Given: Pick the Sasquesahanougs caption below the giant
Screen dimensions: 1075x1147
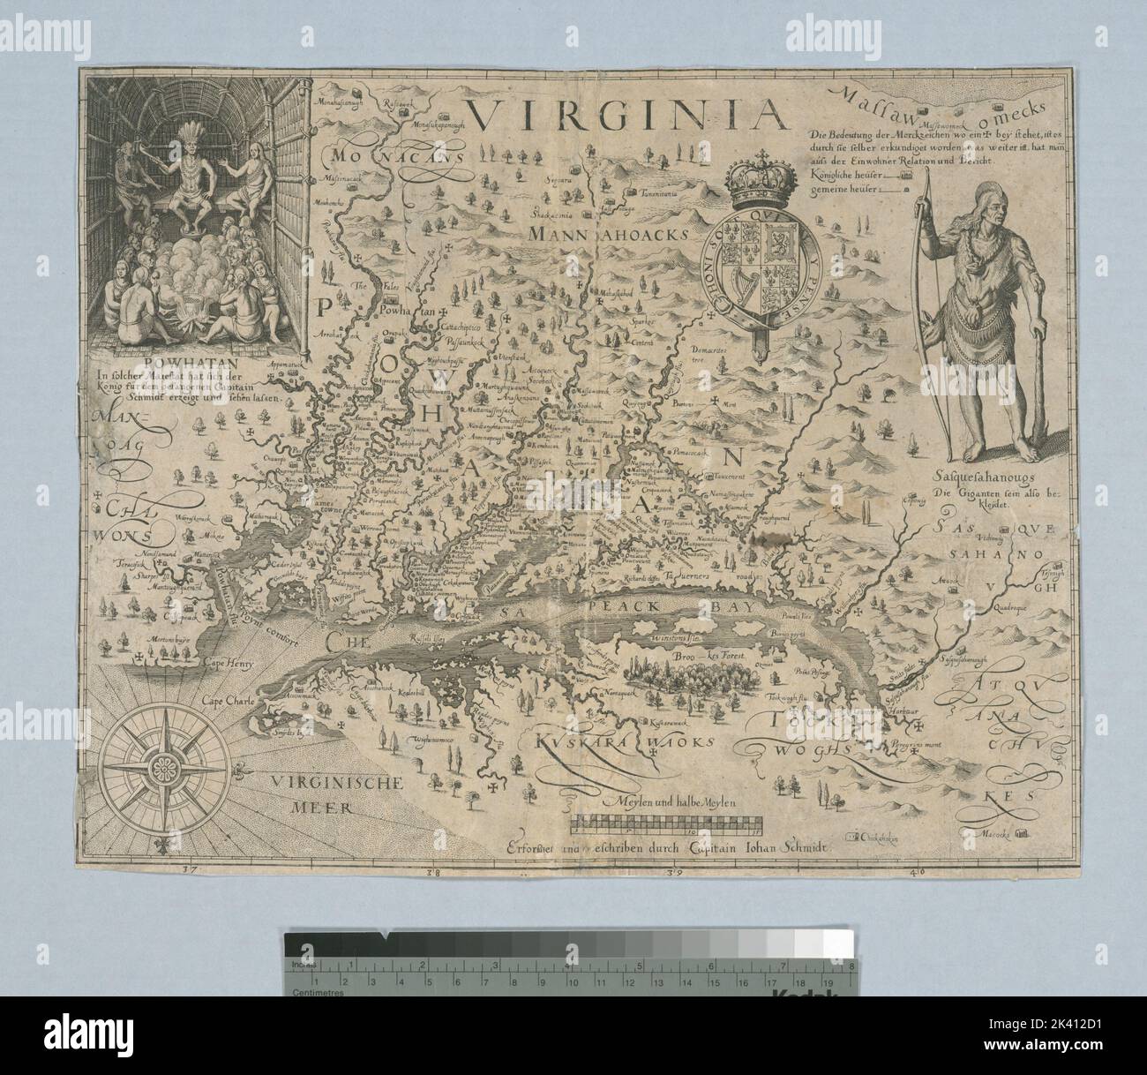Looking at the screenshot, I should (x=975, y=481).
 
